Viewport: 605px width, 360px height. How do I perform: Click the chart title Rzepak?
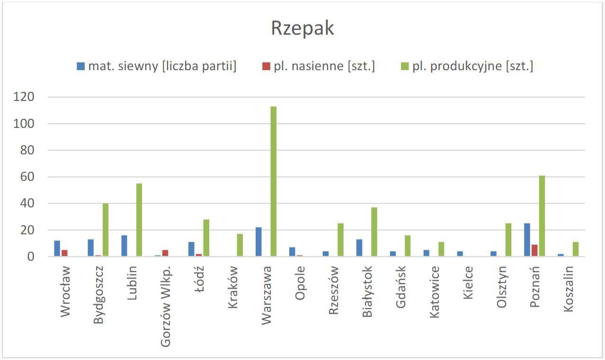click(302, 28)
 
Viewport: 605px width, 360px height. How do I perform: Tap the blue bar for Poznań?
click(527, 240)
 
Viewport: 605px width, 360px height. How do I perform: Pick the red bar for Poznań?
click(534, 251)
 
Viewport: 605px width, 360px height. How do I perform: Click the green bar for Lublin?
click(139, 220)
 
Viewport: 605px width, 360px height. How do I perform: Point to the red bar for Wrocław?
click(64, 253)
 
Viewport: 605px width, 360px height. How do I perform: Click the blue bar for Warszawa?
click(258, 242)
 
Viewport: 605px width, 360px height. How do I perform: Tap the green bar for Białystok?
click(374, 232)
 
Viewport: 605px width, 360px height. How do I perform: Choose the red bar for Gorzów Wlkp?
click(165, 253)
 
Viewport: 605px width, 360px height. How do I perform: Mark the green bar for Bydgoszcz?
click(106, 230)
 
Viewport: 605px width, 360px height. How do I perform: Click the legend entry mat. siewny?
click(157, 66)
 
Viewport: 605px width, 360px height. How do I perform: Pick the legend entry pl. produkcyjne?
click(467, 66)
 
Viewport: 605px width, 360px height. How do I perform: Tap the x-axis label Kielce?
click(468, 283)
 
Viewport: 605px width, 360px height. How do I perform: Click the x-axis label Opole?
click(300, 283)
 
